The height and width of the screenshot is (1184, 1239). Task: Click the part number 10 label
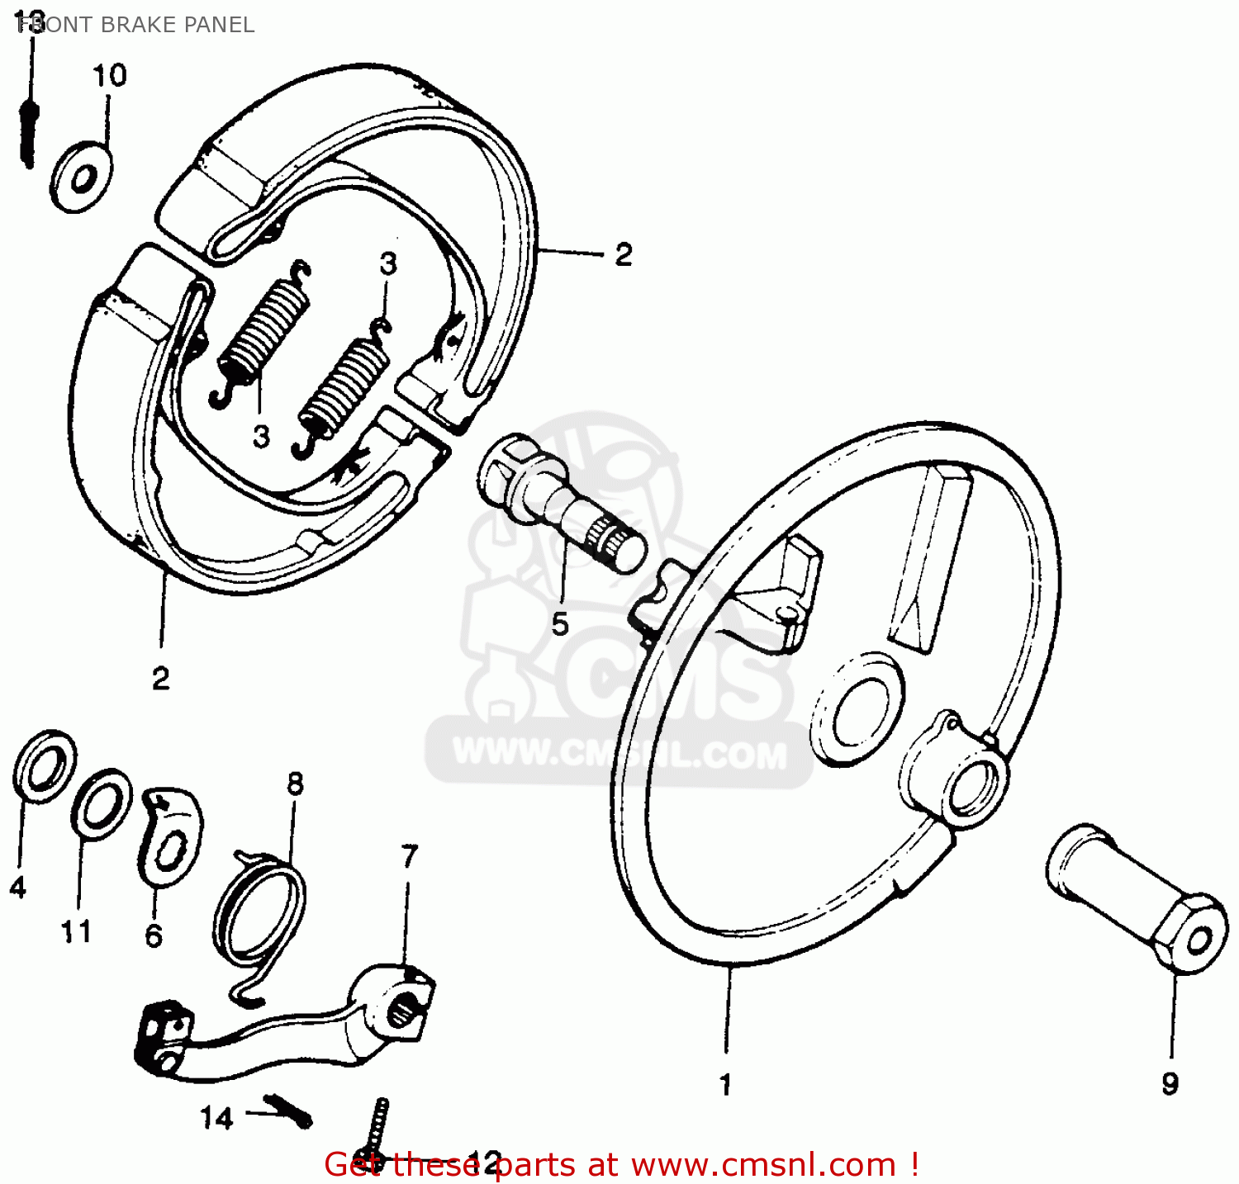coord(109,76)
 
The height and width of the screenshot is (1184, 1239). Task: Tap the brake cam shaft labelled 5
coord(562,504)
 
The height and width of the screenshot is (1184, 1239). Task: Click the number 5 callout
coord(560,624)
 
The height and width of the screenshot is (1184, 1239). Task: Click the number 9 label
coord(1170,1083)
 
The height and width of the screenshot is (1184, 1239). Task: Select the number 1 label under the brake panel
coord(725,1084)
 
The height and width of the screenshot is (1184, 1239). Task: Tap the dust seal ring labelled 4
coord(45,765)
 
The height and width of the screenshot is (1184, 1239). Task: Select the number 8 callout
coord(295,783)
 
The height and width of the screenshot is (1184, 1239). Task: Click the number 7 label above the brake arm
coord(410,856)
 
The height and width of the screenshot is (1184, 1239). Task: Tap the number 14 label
coord(216,1118)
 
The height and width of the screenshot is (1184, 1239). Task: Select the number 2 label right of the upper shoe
coord(623,254)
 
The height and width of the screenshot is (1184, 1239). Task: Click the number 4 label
coord(18,888)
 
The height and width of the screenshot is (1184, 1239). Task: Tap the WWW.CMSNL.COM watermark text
coord(619,754)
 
